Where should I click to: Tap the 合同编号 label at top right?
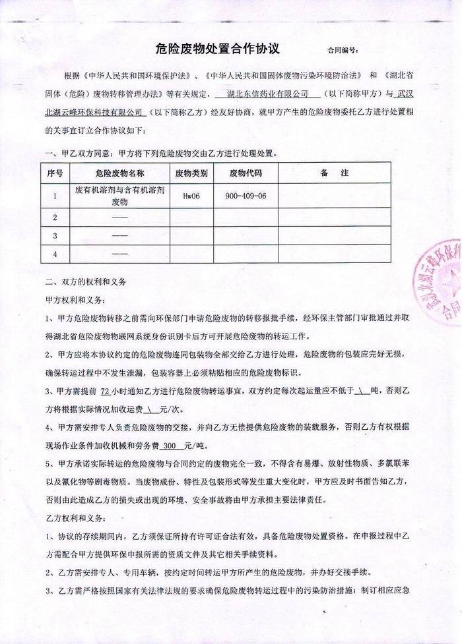point(343,50)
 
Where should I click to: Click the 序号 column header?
point(55,174)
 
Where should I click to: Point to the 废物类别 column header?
point(191,174)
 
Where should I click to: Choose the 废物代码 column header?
point(246,174)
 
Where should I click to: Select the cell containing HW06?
point(191,196)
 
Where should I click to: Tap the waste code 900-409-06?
point(246,196)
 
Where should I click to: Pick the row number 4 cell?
point(55,254)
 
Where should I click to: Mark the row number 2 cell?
point(55,218)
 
